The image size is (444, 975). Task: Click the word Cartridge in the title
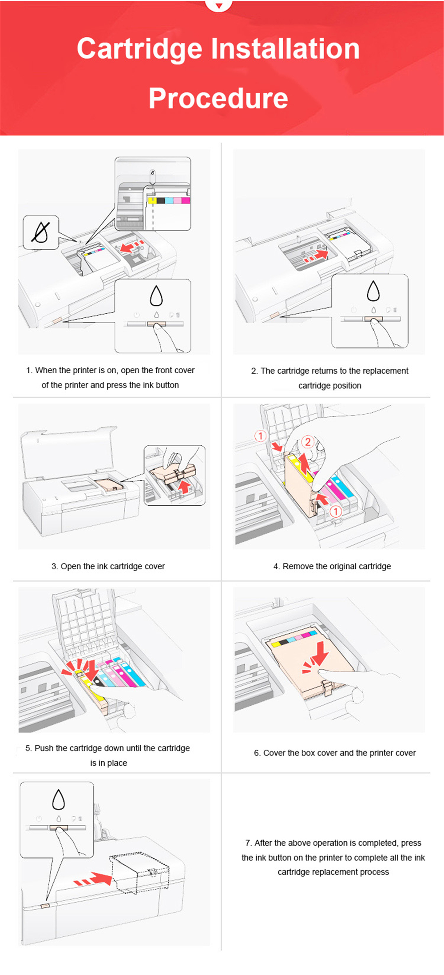140,49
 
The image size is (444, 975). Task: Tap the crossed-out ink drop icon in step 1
41,232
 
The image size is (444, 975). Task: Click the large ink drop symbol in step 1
156,296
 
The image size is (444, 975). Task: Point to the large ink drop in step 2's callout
373,291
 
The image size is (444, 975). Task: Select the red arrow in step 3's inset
183,486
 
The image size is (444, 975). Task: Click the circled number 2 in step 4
307,442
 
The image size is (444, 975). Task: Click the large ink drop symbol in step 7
59,799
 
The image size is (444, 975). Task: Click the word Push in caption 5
44,748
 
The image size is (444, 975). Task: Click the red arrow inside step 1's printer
132,246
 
